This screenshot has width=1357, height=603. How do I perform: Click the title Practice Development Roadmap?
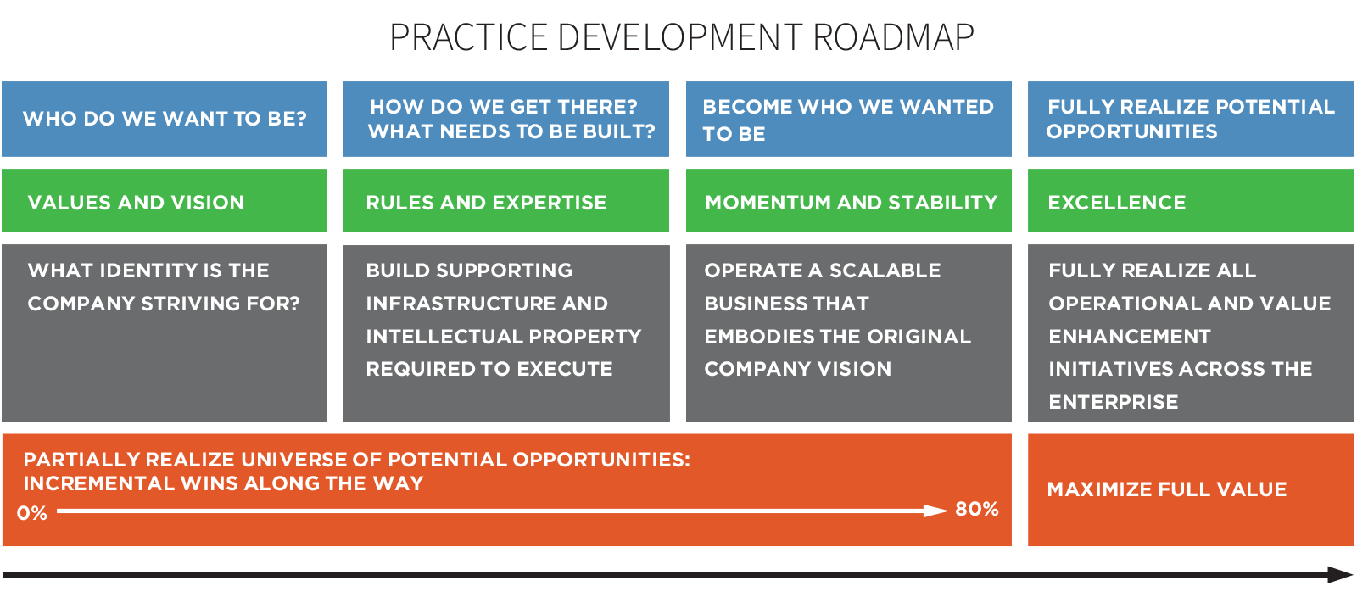pos(682,37)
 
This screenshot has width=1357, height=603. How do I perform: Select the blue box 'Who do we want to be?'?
pos(165,119)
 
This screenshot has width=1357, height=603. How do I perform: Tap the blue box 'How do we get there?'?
pos(505,119)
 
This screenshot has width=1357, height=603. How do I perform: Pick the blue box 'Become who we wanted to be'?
pos(849,119)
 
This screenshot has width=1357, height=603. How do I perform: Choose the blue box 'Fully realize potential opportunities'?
pos(1191,119)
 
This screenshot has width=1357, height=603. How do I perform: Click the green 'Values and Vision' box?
pos(165,201)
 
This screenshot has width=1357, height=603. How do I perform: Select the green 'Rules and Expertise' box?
pos(505,201)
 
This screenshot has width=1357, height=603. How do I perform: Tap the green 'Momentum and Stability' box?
pos(849,201)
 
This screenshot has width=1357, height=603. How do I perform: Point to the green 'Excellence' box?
pos(1191,201)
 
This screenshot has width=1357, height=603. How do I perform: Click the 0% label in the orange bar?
pos(32,513)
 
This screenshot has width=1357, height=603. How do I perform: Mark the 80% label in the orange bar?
pos(976,509)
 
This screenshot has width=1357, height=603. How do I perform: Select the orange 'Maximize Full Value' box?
pos(1191,489)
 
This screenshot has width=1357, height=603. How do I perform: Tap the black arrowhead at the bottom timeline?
pos(1340,574)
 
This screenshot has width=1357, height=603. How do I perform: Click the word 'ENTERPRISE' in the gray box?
pos(1114,402)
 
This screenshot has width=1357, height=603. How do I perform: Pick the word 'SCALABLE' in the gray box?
pos(885,271)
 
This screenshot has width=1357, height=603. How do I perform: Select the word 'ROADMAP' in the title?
pos(894,37)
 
